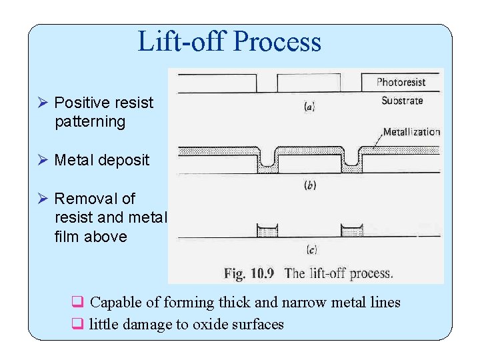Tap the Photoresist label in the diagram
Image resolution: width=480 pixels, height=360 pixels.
point(401,83)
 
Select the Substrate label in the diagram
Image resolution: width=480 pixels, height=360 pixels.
point(402,101)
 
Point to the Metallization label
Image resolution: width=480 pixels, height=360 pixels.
point(411,132)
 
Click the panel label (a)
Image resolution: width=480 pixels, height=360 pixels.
point(309,106)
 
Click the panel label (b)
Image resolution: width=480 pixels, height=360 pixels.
point(310,185)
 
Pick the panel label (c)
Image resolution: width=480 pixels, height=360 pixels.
point(311,250)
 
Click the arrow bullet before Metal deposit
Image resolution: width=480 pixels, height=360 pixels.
point(42,160)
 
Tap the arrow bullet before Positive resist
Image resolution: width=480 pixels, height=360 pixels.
point(42,103)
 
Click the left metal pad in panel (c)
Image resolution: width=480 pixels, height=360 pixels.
point(267,231)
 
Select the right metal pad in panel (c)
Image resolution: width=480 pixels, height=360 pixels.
point(351,231)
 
